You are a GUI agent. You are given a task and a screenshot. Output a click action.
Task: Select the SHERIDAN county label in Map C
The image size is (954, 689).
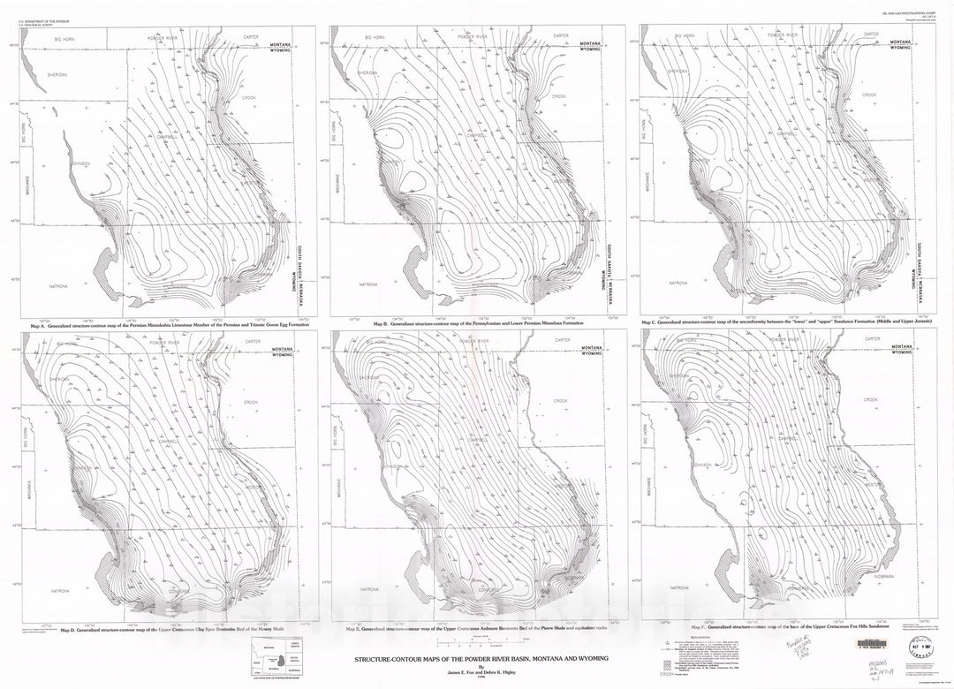[x=678, y=71]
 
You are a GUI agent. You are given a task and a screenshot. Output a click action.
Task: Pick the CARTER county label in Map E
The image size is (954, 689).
[x=559, y=338]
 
